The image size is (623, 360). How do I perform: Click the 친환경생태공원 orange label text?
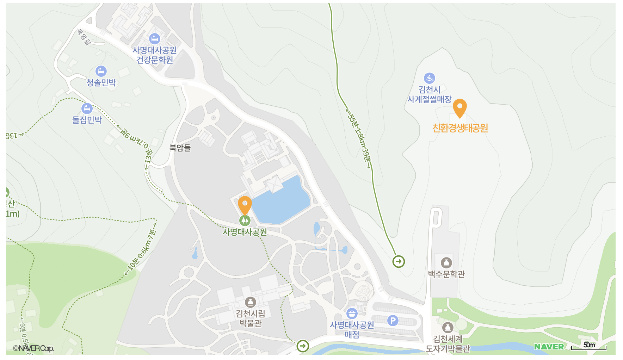[460, 128]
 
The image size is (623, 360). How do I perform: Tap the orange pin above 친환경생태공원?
[459, 107]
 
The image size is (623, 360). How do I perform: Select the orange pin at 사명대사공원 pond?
[245, 204]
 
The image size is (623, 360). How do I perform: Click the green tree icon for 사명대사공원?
[245, 221]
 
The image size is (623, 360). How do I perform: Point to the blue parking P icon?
[393, 321]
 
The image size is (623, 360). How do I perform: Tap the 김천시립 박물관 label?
[250, 318]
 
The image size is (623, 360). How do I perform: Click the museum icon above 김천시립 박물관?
[250, 302]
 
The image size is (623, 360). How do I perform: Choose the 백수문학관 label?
[446, 274]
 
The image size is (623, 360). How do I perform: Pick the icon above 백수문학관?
[446, 262]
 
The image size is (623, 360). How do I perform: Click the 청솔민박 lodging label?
[101, 82]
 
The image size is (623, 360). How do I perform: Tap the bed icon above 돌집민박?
[87, 108]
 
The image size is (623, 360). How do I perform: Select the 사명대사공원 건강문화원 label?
[154, 55]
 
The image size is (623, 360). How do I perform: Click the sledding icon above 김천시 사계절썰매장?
[429, 78]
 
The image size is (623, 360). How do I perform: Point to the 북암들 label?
[180, 148]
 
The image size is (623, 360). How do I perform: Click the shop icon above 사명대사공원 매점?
[352, 313]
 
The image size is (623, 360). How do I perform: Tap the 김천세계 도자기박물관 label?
[448, 343]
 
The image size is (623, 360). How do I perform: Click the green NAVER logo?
[549, 347]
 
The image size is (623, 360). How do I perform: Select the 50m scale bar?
[589, 347]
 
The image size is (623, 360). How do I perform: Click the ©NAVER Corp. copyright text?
[33, 348]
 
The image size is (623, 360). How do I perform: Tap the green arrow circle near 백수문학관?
[399, 261]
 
